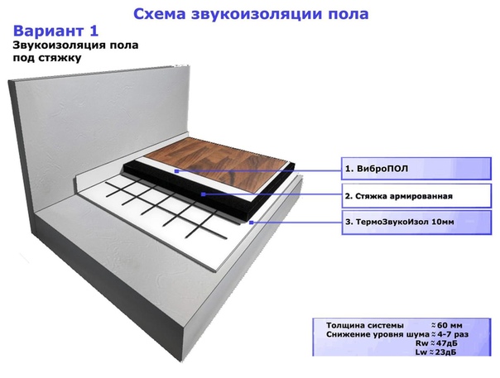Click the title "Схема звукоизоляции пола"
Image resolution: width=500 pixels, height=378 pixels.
click(x=251, y=14)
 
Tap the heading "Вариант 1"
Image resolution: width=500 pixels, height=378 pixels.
click(x=55, y=31)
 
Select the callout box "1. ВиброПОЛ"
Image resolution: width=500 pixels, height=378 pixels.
click(x=416, y=169)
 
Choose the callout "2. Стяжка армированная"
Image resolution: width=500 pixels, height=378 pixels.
click(x=416, y=196)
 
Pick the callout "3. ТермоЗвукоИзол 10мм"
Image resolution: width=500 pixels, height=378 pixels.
click(x=416, y=222)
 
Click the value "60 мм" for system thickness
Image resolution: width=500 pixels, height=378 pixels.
click(x=450, y=325)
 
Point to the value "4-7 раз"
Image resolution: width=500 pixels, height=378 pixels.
click(x=453, y=334)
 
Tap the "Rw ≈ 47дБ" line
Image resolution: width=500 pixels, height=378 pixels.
click(x=436, y=343)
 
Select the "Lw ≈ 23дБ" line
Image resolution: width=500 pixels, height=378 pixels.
click(x=435, y=352)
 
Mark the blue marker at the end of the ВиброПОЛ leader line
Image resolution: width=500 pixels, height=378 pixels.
click(x=177, y=171)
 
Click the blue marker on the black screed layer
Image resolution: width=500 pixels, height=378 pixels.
click(x=204, y=194)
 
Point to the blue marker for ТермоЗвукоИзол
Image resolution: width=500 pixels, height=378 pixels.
click(x=252, y=222)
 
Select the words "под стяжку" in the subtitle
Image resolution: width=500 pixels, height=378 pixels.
click(x=47, y=59)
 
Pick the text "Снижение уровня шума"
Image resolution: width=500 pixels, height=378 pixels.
click(x=377, y=334)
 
